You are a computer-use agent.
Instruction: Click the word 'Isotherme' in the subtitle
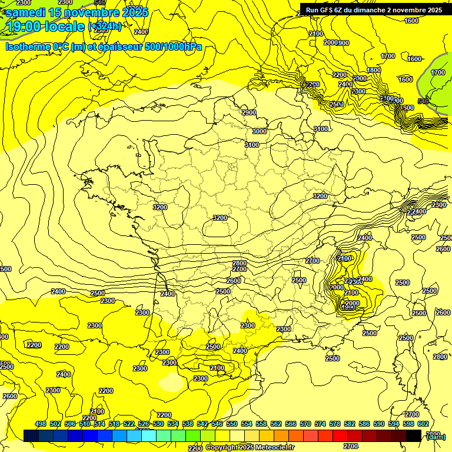[26, 47]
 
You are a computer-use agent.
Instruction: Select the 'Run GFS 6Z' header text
[326, 10]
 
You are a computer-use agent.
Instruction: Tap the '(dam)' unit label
[436, 436]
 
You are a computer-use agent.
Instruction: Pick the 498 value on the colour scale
[41, 424]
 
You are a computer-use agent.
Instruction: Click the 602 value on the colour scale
[422, 424]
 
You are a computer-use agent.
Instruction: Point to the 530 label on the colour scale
[158, 424]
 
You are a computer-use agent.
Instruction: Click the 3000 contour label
[259, 131]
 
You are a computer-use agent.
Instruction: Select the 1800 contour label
[374, 70]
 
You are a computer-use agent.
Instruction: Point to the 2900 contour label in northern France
[248, 112]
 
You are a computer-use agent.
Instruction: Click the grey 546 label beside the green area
[423, 101]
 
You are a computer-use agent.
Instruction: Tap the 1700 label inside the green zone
[437, 72]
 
